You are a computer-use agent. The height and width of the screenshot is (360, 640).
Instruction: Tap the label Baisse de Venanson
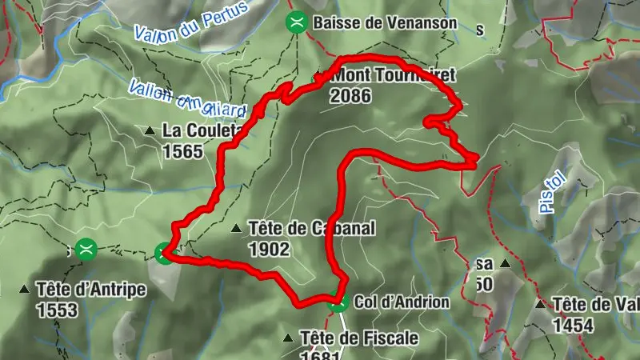385,22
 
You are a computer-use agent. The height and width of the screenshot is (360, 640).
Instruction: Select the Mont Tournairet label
391,75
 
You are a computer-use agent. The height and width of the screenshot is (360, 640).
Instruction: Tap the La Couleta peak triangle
150,130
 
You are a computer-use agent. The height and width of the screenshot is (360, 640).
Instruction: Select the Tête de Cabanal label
311,229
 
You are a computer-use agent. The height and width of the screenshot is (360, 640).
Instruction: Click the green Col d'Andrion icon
337,302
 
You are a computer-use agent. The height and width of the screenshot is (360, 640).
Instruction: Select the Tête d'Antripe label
91,290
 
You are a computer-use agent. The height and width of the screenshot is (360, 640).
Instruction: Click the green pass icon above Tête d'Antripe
86,249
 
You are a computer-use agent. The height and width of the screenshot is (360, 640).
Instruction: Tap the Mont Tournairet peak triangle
318,76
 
